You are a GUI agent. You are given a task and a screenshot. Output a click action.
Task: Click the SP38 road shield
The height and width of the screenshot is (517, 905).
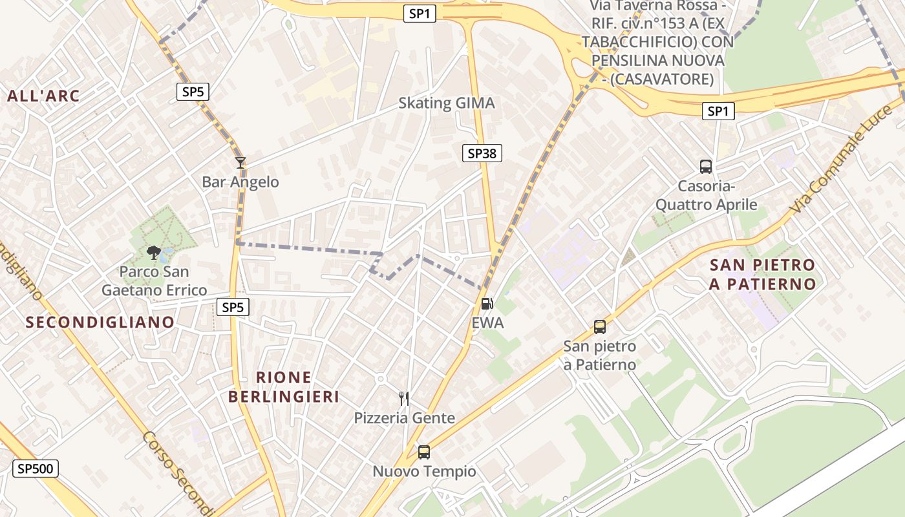pyautogui.click(x=482, y=153)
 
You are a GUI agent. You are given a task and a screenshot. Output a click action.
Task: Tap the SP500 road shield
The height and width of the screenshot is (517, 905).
pyautogui.click(x=36, y=469)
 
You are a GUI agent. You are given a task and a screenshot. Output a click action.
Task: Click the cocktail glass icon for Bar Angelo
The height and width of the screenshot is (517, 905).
pyautogui.click(x=240, y=163)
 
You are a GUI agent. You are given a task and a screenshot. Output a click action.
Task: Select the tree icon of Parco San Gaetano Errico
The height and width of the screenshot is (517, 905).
pyautogui.click(x=154, y=252)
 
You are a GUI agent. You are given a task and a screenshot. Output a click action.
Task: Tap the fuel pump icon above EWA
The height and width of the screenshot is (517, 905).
pyautogui.click(x=487, y=303)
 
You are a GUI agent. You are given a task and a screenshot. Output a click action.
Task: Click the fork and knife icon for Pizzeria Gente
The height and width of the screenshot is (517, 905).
pyautogui.click(x=404, y=398)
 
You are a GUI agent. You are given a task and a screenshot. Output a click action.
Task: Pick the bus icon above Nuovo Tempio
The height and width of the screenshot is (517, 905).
pyautogui.click(x=424, y=452)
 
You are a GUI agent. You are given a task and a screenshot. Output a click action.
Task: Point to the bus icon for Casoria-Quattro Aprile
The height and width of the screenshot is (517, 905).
pyautogui.click(x=706, y=167)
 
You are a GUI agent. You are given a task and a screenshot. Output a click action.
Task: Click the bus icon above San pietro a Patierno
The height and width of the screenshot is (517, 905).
pyautogui.click(x=600, y=327)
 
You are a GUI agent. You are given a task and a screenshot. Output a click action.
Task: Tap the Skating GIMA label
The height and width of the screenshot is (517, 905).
pyautogui.click(x=446, y=103)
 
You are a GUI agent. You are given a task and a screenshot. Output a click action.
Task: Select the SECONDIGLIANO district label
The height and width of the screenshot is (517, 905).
pyautogui.click(x=100, y=322)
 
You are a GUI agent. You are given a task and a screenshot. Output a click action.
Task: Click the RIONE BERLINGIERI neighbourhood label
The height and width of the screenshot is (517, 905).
pyautogui.click(x=284, y=386)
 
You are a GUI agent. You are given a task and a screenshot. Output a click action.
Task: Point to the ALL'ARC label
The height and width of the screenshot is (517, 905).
pyautogui.click(x=43, y=96)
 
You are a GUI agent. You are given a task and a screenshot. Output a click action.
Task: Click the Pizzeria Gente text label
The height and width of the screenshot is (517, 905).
pyautogui.click(x=404, y=418)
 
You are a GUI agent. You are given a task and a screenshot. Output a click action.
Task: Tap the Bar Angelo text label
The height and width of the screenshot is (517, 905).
pyautogui.click(x=240, y=182)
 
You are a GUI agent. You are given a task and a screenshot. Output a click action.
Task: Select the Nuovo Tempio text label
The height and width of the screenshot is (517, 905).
pyautogui.click(x=424, y=472)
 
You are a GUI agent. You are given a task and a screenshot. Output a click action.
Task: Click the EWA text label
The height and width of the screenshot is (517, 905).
pyautogui.click(x=487, y=322)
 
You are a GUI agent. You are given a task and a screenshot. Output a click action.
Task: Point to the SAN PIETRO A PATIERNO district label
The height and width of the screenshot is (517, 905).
pyautogui.click(x=762, y=274)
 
